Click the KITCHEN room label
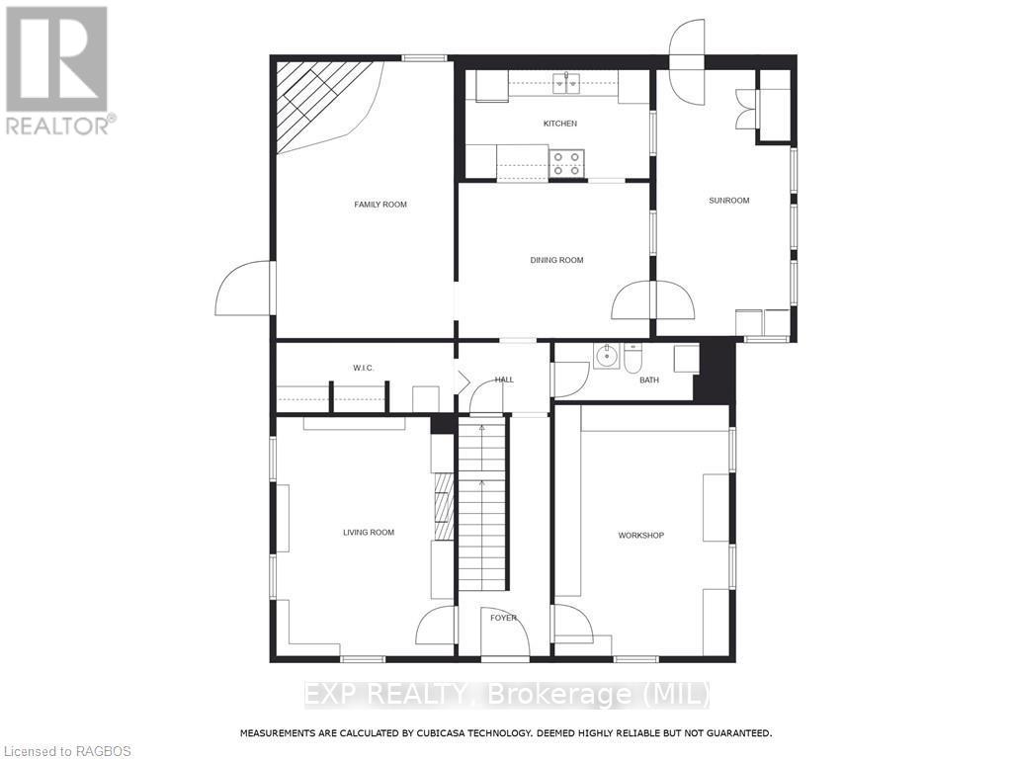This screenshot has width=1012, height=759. [x=559, y=124]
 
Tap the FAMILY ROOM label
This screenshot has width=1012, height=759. [x=380, y=205]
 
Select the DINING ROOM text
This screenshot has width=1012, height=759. [x=556, y=260]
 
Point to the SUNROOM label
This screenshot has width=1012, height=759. [x=728, y=201]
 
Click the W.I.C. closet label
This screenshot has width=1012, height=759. [x=364, y=368]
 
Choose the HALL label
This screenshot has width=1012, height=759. [x=504, y=379]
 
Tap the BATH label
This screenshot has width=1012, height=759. [x=648, y=379]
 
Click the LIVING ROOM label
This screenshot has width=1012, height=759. [x=369, y=533]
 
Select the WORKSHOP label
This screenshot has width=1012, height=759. [x=640, y=536]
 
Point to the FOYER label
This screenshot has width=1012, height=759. [x=503, y=618]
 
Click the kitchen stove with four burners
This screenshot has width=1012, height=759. [x=566, y=163]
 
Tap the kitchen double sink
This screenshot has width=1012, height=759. [x=566, y=84]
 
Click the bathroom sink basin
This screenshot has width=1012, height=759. [x=606, y=356]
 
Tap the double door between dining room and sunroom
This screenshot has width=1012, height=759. [x=652, y=300]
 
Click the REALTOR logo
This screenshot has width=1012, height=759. [x=57, y=69]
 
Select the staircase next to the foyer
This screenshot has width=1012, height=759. [x=481, y=504]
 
